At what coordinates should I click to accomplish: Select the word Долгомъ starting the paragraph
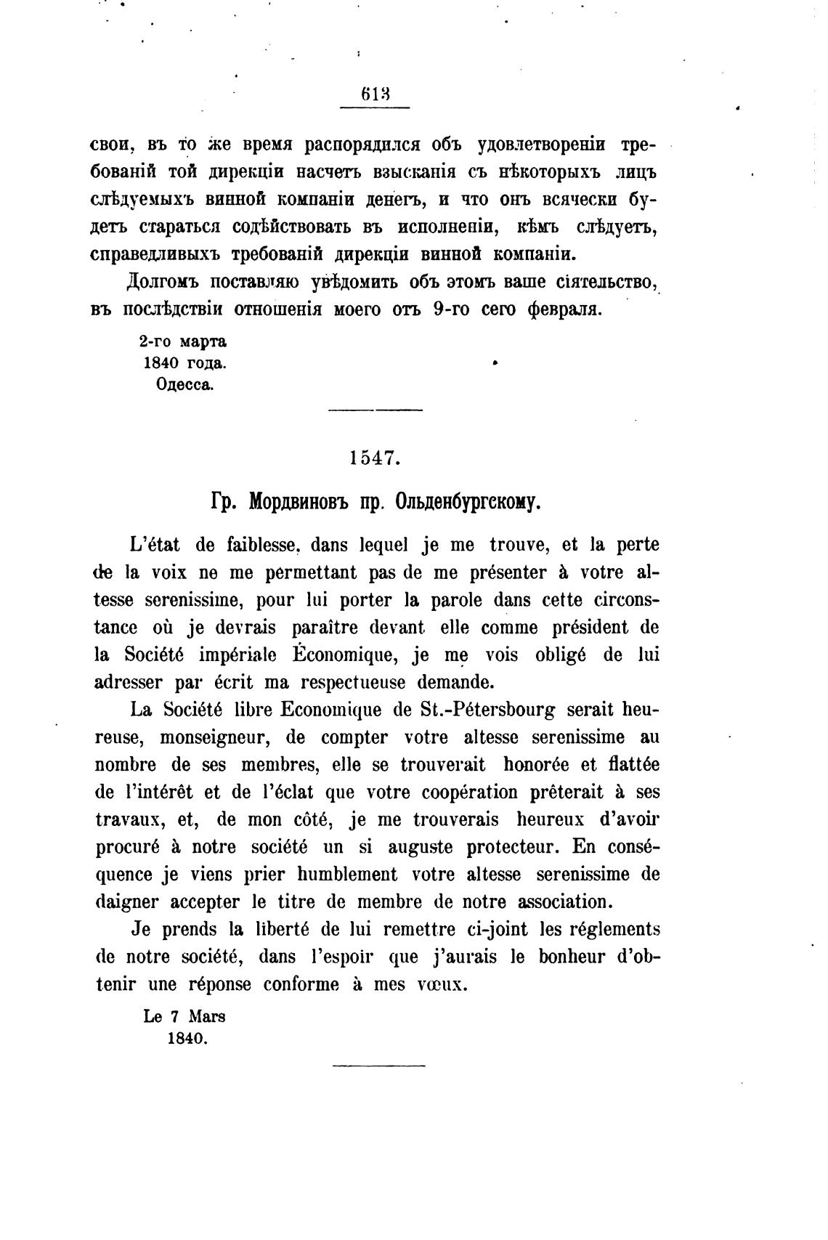(x=162, y=281)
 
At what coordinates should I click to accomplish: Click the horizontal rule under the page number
(x=375, y=108)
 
